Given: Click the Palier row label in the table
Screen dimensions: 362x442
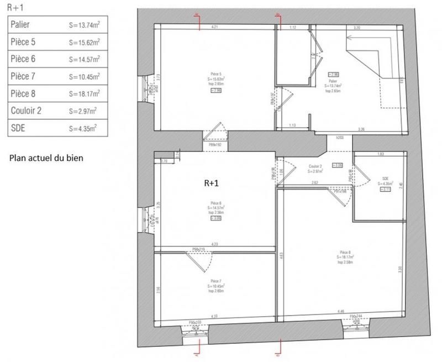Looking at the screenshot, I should (22, 25).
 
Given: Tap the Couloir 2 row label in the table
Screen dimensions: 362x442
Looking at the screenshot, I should (26, 111).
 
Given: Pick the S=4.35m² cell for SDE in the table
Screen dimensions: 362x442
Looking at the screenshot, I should (83, 128).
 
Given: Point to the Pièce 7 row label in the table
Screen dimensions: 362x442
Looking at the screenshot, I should (25, 76).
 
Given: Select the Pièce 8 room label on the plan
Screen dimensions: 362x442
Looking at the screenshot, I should (346, 255).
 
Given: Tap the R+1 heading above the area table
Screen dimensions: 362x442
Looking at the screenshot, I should (14, 7).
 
